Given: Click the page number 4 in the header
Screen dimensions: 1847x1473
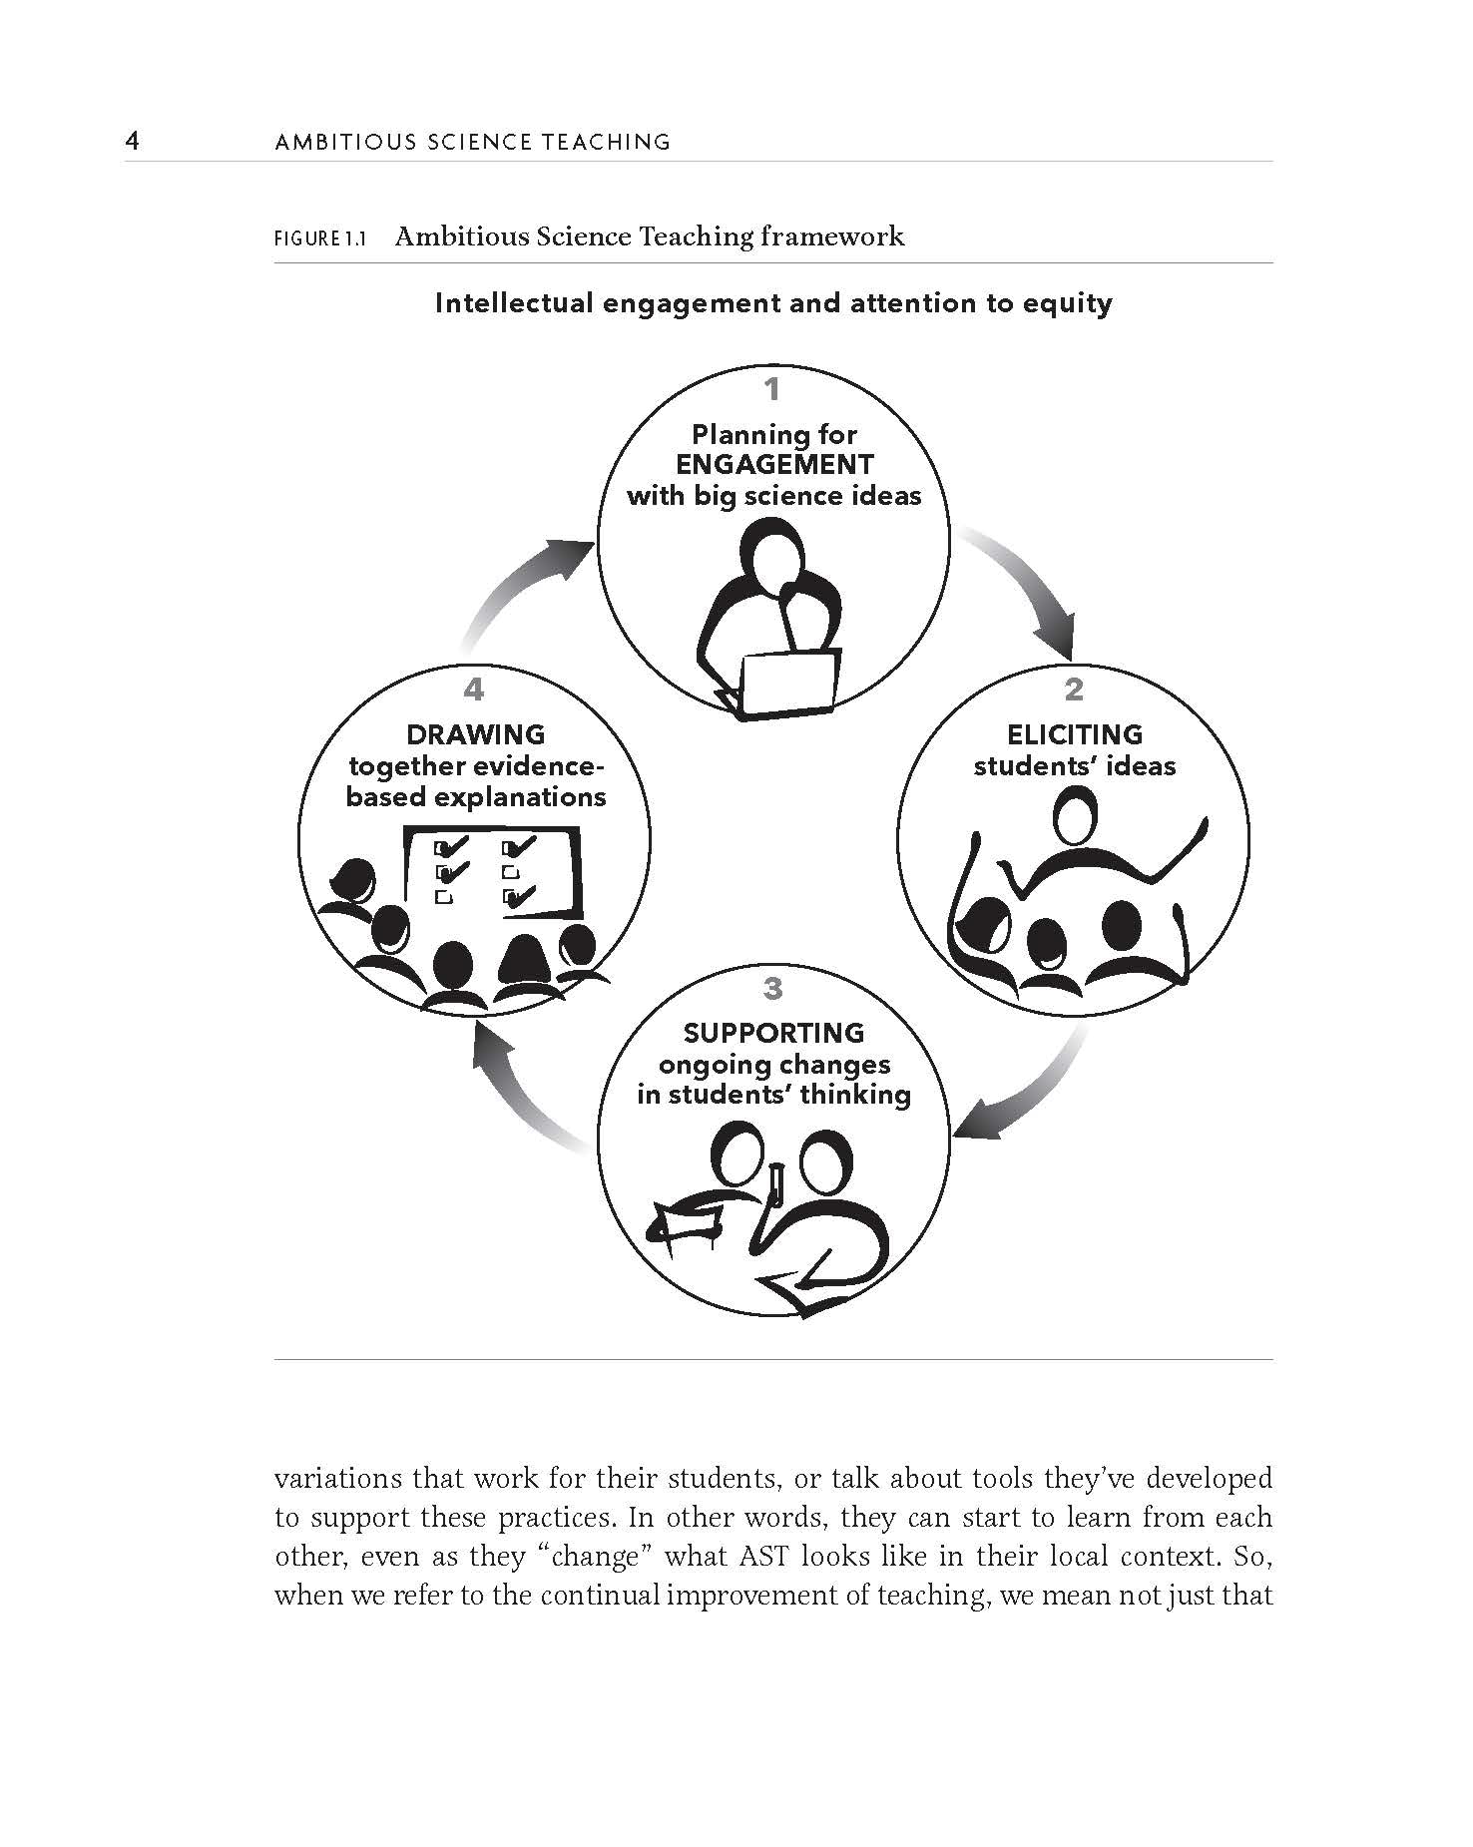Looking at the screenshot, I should click(x=132, y=141).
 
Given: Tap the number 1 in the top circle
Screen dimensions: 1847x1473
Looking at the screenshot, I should click(x=771, y=388).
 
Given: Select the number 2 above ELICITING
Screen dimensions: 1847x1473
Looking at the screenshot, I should click(x=1074, y=689).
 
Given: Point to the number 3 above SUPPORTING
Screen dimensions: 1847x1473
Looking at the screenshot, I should click(x=772, y=988).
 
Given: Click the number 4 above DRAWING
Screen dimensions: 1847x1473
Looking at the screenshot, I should click(x=473, y=689).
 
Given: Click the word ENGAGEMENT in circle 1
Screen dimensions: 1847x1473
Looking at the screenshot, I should click(x=774, y=465).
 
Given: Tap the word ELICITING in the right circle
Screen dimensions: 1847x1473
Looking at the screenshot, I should click(x=1075, y=735).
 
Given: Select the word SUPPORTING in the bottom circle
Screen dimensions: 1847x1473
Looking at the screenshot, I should click(x=773, y=1034).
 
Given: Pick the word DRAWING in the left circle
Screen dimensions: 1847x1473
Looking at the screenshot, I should click(x=475, y=735).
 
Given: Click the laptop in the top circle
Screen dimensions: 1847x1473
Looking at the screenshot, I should click(x=787, y=684).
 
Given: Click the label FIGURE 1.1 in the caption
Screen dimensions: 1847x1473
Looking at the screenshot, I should click(x=320, y=239).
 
